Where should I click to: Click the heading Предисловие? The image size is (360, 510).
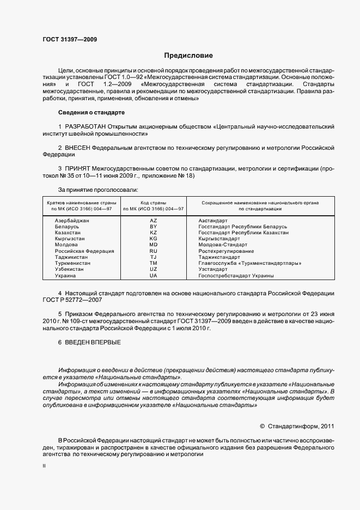pos(189,56)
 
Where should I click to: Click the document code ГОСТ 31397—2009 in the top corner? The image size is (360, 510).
pos(70,39)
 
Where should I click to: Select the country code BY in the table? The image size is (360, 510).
pos(153,226)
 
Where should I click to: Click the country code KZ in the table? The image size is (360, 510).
pos(153,233)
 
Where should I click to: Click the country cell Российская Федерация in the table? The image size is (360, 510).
pos(84,251)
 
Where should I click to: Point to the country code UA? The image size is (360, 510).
pos(153,276)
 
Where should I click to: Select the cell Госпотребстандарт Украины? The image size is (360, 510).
pos(236,276)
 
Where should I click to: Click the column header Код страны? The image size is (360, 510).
pos(153,202)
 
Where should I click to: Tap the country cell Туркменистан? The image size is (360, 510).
pos(72,263)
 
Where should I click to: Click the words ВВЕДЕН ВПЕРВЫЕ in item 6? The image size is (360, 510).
pos(93,342)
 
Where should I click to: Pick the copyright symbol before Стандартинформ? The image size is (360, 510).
pos(263,426)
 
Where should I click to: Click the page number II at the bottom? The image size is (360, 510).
pos(44,467)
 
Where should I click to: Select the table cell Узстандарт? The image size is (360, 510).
pos(213,269)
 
